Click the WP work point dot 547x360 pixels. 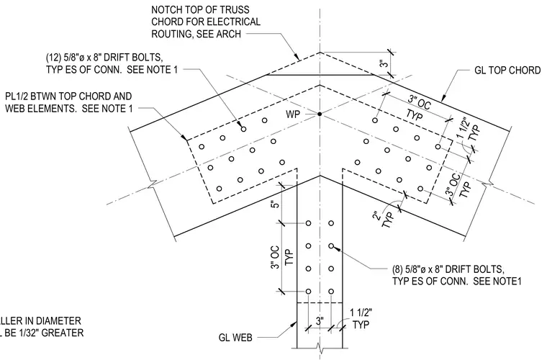pos(319,114)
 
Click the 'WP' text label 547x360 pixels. pos(293,114)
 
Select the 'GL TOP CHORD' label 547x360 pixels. pos(507,71)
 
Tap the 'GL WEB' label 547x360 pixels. pos(235,338)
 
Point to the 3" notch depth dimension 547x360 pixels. pos(384,63)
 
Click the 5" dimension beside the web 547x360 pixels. pos(276,203)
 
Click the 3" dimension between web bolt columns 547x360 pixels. pos(320,320)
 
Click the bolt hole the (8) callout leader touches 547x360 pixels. pos(331,246)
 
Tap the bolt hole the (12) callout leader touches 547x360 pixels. pos(243,129)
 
